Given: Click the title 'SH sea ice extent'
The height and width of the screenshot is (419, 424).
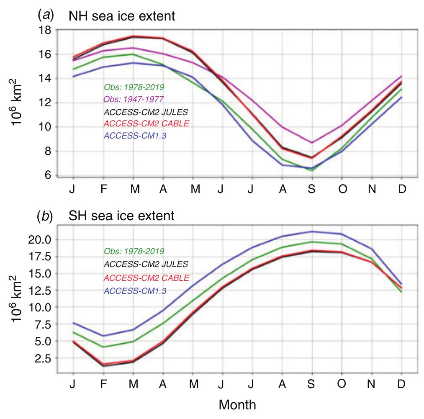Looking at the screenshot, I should tap(121, 217).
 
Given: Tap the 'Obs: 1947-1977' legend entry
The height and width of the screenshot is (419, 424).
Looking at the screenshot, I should tap(134, 100).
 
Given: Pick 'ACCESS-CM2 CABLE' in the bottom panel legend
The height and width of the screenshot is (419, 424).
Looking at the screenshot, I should tap(146, 278).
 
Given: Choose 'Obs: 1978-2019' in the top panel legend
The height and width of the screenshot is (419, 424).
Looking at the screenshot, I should tap(134, 87).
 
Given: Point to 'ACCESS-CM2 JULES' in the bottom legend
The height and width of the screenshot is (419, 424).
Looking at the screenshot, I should tap(145, 264).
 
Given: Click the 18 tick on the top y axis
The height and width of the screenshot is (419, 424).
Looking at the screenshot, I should tap(45, 30).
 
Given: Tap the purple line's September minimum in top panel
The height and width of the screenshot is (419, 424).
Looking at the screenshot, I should tap(312, 143).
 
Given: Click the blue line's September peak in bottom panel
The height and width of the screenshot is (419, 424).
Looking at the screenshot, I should tap(312, 231).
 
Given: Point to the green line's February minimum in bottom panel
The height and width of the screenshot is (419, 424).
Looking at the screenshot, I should tap(103, 347).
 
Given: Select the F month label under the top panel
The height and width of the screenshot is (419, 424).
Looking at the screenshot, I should tap(103, 189).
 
